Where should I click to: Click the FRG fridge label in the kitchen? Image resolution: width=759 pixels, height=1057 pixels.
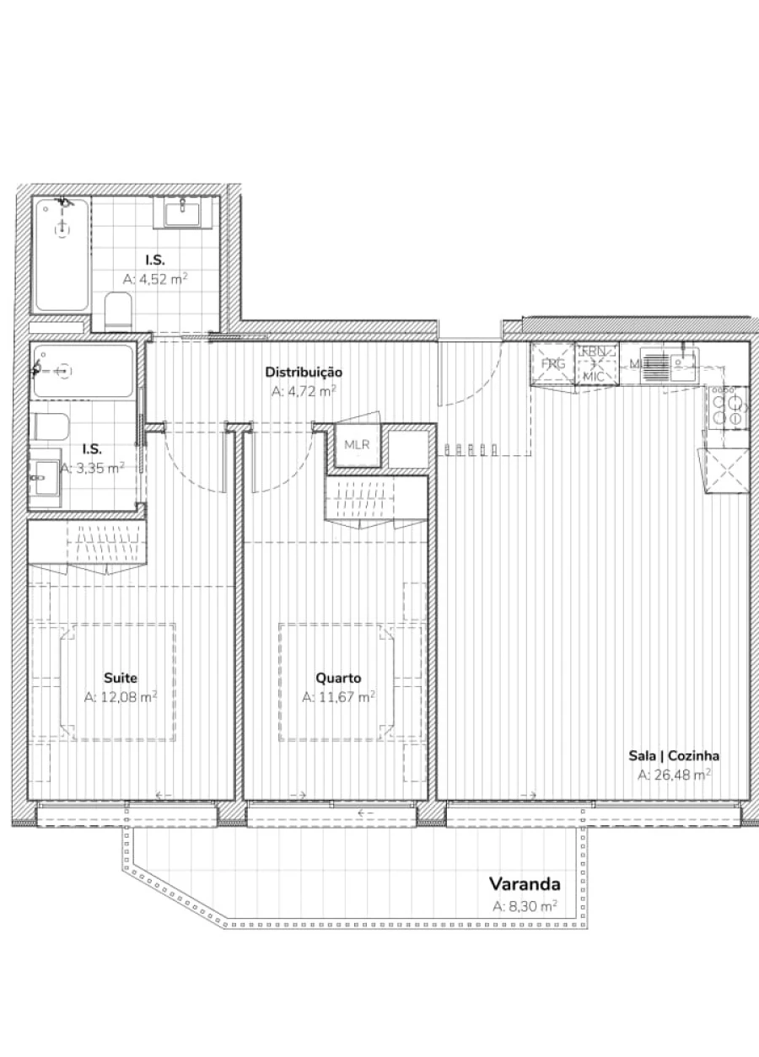point(553,364)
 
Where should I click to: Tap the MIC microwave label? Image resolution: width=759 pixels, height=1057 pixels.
point(594,376)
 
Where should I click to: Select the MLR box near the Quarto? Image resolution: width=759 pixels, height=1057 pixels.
point(358,445)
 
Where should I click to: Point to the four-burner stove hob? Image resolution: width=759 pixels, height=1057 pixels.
point(726,408)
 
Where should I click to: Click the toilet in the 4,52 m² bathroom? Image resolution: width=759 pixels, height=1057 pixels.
point(118,311)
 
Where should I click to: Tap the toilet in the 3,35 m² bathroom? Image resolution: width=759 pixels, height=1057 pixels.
point(51,427)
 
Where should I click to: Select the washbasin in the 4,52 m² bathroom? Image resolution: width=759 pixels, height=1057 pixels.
point(181,212)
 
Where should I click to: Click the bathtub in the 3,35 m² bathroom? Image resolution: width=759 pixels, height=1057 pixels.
point(82,371)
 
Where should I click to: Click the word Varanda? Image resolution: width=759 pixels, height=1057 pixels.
point(525,884)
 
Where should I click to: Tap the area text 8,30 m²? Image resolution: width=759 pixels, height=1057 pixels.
point(525,907)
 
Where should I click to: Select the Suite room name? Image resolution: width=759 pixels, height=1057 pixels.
point(121,678)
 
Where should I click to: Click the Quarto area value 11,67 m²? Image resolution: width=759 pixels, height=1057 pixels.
point(338,697)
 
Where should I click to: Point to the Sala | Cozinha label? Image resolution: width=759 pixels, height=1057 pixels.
point(673,756)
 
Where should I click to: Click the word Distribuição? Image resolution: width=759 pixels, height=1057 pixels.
point(304,372)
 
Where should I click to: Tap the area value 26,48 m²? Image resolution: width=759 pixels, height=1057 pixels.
point(673,775)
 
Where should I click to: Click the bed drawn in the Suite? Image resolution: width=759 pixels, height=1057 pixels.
point(103,681)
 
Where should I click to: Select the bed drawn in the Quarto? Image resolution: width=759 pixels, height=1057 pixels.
point(336,681)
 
